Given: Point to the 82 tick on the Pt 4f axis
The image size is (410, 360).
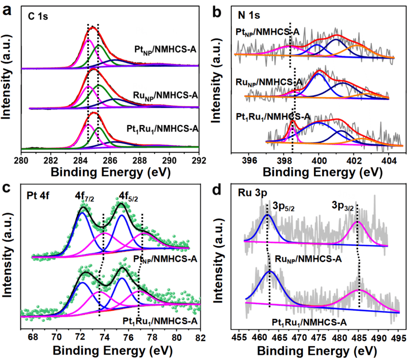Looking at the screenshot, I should [x=201, y=337].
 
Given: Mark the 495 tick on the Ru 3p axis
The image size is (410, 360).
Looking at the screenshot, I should [x=399, y=337].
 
